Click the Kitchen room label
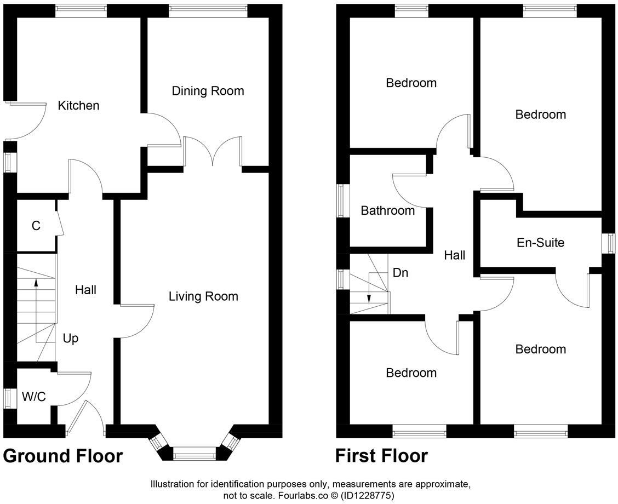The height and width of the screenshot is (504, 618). (79, 105)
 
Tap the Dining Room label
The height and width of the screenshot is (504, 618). (208, 91)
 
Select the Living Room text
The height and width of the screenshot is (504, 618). (203, 296)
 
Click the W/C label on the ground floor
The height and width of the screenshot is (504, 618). (34, 397)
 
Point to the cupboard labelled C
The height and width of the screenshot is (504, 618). (36, 226)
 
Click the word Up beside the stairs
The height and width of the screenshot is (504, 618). (71, 339)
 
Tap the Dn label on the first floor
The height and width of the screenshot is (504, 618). (400, 273)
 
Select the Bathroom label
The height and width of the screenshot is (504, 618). (388, 210)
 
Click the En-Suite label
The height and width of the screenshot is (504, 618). (540, 242)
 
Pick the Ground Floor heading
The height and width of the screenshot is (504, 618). (63, 456)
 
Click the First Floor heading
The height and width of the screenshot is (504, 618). (381, 456)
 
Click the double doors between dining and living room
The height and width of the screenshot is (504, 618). (213, 151)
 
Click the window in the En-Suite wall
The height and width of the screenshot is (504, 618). (608, 243)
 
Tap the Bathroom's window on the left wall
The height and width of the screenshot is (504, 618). (343, 201)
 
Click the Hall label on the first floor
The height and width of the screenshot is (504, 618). (455, 255)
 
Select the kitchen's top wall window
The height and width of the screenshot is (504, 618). (81, 9)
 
